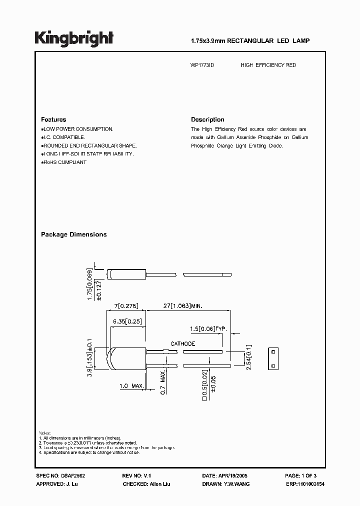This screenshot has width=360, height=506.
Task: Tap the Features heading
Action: [x=53, y=119]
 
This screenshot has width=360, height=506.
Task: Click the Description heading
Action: [x=207, y=119]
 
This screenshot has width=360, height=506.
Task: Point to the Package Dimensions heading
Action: [x=73, y=234]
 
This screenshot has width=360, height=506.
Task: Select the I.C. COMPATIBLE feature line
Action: [x=63, y=137]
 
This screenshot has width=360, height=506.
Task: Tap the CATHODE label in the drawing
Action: [x=182, y=344]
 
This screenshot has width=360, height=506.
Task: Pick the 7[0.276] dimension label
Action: [x=125, y=305]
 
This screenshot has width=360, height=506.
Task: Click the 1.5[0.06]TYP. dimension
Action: [x=208, y=328]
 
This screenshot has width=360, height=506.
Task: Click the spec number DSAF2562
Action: [x=67, y=476]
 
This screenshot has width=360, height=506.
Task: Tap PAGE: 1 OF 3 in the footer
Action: [x=300, y=476]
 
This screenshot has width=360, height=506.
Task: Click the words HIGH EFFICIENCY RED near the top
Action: [x=268, y=65]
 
